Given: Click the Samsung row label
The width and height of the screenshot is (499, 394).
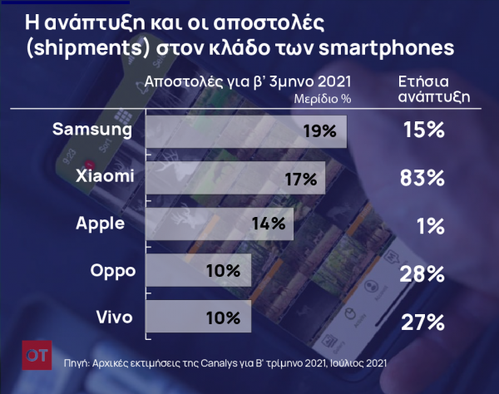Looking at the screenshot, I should click(x=91, y=130).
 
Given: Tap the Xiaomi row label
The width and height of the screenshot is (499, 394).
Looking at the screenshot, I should click(x=102, y=176).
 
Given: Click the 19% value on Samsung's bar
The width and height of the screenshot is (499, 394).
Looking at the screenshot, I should click(x=319, y=131).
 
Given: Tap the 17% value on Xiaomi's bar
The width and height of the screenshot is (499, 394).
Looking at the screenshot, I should click(x=300, y=178).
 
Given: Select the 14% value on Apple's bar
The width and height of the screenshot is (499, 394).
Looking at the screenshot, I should click(x=267, y=224).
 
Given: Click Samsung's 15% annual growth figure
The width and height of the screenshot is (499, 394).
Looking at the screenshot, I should click(x=422, y=131).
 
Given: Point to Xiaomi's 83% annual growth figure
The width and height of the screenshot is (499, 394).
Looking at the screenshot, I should click(x=422, y=178).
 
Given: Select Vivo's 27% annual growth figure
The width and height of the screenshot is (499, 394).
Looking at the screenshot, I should click(x=422, y=321).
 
